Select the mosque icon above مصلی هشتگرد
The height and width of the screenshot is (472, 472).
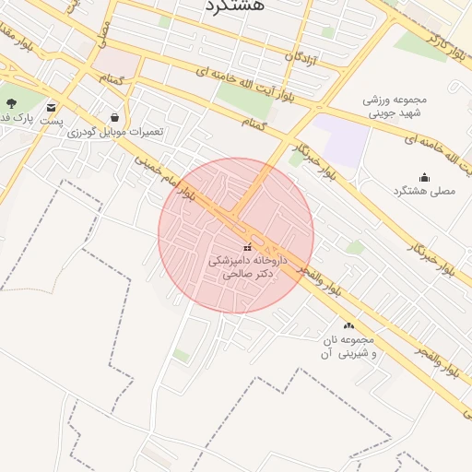[424, 177]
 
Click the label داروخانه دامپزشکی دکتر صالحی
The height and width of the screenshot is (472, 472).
[246, 267]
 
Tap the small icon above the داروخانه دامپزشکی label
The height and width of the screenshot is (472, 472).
[246, 248]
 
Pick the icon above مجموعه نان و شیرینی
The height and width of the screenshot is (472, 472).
[348, 325]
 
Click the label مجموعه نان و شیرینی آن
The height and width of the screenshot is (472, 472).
[348, 347]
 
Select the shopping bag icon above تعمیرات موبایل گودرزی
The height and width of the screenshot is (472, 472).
[113, 118]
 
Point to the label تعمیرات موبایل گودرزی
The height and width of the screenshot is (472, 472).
[115, 132]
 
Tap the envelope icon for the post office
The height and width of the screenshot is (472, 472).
[50, 107]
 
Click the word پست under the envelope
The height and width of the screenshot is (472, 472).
[51, 121]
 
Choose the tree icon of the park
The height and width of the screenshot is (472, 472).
[11, 103]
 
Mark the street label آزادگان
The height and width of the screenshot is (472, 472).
[301, 58]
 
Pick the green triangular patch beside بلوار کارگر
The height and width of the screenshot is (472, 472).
[420, 41]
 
